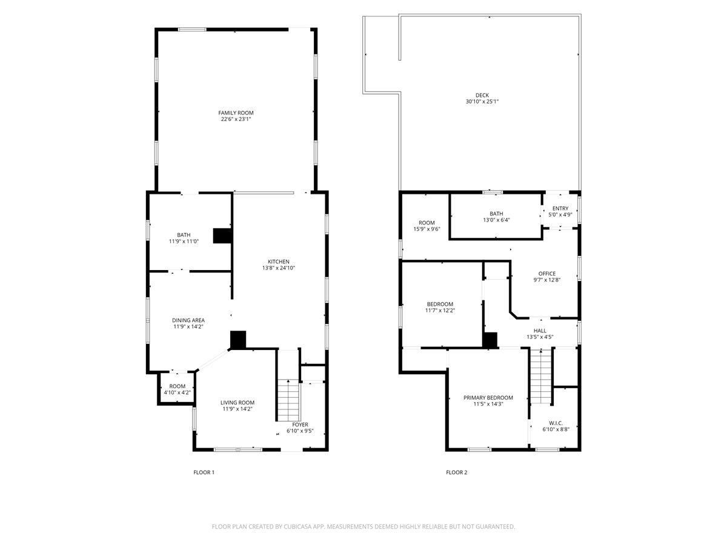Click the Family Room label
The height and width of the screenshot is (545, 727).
pos(236,113)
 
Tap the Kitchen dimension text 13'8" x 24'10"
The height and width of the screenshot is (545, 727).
pos(279,268)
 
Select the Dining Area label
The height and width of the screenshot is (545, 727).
pos(188,320)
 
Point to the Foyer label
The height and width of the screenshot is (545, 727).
pos(300,424)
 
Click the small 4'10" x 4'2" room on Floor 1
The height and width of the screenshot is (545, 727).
pos(177,389)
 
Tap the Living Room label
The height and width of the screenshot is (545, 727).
pos(237,403)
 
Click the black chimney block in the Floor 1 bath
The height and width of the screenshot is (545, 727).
pos(222,236)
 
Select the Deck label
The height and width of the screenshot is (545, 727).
pos(482,95)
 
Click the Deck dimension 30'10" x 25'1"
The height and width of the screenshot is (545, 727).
pos(482,102)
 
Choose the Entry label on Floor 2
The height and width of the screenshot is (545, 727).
pos(560,208)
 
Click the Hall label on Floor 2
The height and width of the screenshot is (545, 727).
pos(540,331)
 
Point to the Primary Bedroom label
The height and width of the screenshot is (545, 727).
pos(488,398)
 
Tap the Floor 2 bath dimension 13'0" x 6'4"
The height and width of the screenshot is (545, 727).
pos(496,220)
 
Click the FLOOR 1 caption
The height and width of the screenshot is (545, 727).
pos(204,472)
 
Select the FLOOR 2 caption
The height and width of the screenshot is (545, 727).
pos(456,472)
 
